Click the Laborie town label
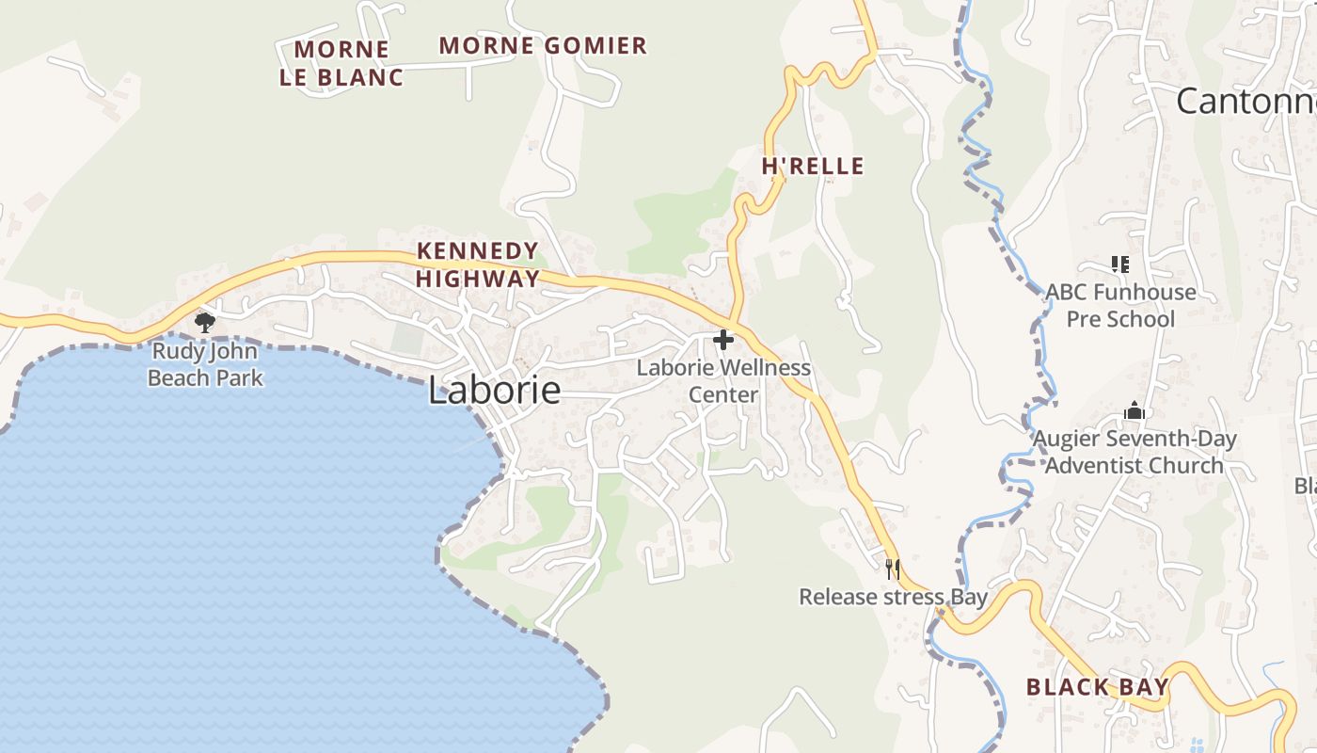click(494, 390)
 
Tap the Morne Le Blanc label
click(341, 63)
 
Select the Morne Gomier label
click(543, 45)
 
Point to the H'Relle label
click(813, 167)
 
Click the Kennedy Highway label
click(478, 264)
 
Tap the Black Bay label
click(1097, 687)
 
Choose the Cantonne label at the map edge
click(1246, 101)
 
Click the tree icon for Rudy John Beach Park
click(204, 324)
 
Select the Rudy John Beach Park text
click(206, 365)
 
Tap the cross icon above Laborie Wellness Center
click(723, 340)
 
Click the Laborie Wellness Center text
click(723, 380)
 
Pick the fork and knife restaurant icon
click(893, 569)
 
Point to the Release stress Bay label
click(893, 597)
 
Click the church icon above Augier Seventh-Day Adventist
click(1135, 411)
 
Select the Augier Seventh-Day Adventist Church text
click(1135, 452)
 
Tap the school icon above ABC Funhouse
click(1119, 264)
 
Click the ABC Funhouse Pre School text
click(1120, 305)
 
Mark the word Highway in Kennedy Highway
click(478, 279)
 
